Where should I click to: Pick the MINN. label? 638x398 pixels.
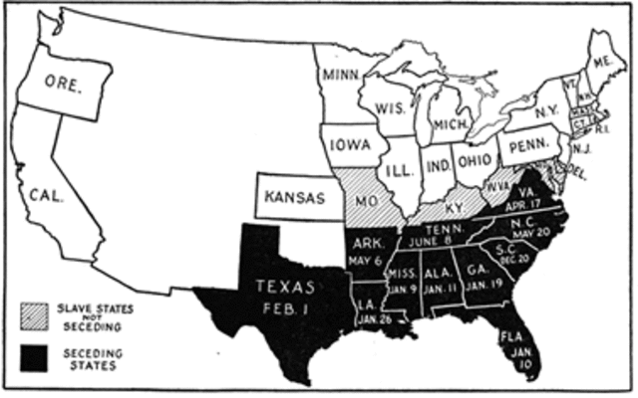tap(340, 75)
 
